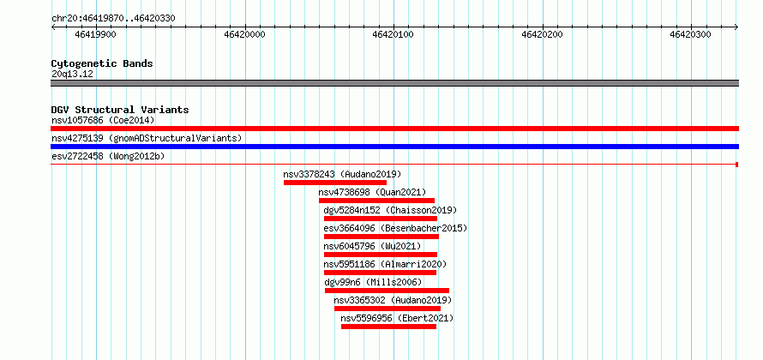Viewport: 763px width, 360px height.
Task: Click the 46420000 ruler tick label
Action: point(245,34)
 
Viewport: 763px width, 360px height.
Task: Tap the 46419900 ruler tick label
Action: point(96,34)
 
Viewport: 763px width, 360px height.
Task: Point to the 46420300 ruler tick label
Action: point(690,34)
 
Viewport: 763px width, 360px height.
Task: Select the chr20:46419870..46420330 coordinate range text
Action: point(113,19)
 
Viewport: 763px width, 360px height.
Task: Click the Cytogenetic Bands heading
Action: point(102,63)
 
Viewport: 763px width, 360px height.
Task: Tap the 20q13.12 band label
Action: point(72,75)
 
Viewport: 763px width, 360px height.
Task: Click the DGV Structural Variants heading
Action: point(120,110)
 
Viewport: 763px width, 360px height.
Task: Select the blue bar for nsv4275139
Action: point(394,147)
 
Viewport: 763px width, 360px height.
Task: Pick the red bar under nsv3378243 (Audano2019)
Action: point(335,183)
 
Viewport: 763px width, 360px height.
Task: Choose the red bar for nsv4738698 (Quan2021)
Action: point(376,201)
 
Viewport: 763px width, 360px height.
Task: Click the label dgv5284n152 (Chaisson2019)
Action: point(390,210)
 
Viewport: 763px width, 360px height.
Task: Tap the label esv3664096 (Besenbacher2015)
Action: point(395,228)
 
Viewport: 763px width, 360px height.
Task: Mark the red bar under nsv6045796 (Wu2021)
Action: point(381,255)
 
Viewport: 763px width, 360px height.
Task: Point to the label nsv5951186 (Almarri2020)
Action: point(385,264)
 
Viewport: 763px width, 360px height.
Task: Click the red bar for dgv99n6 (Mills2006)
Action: point(387,291)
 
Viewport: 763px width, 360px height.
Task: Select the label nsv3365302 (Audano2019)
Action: point(393,300)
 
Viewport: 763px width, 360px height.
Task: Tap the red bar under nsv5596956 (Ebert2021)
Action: point(389,327)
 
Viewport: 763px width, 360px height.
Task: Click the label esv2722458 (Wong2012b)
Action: point(108,156)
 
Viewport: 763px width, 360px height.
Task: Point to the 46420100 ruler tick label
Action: point(394,34)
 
